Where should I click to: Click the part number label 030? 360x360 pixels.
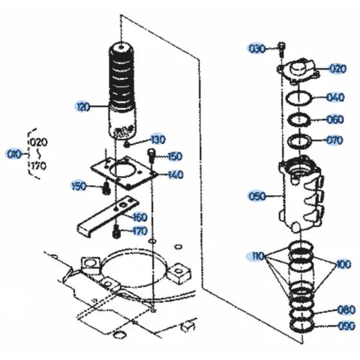257,48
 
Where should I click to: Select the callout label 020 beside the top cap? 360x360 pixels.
338,68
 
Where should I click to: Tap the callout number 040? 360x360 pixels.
335,98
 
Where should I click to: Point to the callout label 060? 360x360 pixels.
335,120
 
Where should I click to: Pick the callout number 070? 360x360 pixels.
335,139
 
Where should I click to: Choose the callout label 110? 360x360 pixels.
257,256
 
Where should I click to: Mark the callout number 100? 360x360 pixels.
343,264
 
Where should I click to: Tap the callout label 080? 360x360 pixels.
345,309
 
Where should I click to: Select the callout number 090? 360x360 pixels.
346,325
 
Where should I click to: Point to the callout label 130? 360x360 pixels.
157,139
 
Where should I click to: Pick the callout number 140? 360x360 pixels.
175,174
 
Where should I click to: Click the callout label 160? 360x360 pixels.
157,217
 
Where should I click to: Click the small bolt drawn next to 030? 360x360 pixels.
282,48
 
